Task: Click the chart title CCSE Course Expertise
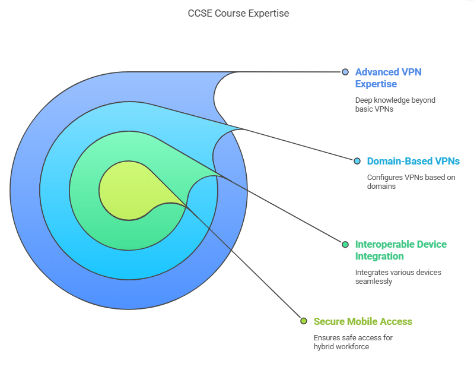[x=238, y=13]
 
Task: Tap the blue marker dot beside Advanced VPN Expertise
[x=345, y=72]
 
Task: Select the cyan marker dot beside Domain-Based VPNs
[x=357, y=161]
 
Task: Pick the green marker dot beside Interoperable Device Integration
[x=345, y=244]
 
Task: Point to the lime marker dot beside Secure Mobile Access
[x=304, y=321]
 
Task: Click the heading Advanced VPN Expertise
[x=388, y=78]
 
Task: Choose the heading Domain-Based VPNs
[x=413, y=161]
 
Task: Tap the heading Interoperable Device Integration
[x=401, y=250]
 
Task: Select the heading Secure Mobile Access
[x=362, y=321]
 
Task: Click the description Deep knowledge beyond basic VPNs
[x=395, y=105]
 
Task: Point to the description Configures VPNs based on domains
[x=411, y=182]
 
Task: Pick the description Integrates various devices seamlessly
[x=398, y=277]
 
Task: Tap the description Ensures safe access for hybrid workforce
[x=353, y=342]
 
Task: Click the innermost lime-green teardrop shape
[x=130, y=191]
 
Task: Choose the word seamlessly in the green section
[x=374, y=282]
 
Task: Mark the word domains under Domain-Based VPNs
[x=381, y=186]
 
